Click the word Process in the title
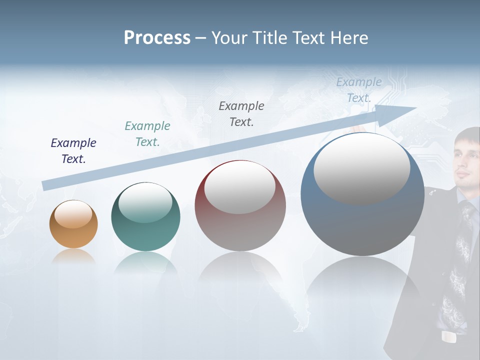point(157,38)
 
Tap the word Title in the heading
point(270,38)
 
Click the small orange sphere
point(73,224)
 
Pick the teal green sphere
point(145,217)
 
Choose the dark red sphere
point(240,206)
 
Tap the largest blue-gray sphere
point(362,195)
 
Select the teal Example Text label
point(147,134)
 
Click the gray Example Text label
point(241,114)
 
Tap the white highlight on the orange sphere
point(73,214)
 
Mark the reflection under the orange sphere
point(73,256)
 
